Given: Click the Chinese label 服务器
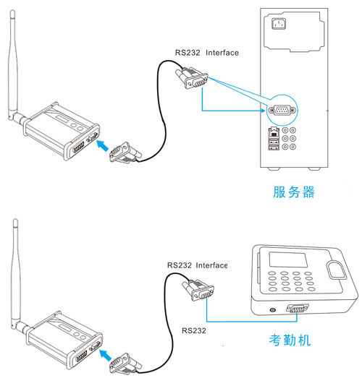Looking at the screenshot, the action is pyautogui.click(x=294, y=192).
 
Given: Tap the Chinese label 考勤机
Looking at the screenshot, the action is pyautogui.click(x=290, y=340).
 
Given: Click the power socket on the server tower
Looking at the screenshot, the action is pyautogui.click(x=279, y=24).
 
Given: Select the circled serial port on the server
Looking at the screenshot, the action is pyautogui.click(x=282, y=110).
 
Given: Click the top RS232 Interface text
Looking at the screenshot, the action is pyautogui.click(x=206, y=53).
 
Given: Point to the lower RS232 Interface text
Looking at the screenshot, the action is pyautogui.click(x=197, y=265).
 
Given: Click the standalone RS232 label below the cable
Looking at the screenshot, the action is pyautogui.click(x=194, y=330).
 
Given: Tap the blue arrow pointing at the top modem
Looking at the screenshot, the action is pyautogui.click(x=102, y=145).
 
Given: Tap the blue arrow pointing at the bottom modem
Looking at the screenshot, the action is pyautogui.click(x=105, y=355).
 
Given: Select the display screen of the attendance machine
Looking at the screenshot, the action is pyautogui.click(x=288, y=260).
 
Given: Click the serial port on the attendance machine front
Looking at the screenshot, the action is pyautogui.click(x=298, y=308).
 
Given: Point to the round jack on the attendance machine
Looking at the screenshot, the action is pyautogui.click(x=272, y=309).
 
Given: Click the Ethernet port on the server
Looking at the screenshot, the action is pyautogui.click(x=274, y=132).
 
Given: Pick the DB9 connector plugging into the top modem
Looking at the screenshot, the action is pyautogui.click(x=125, y=153).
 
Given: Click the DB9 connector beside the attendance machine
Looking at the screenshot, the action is pyautogui.click(x=198, y=290).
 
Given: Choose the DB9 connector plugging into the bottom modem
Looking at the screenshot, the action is pyautogui.click(x=125, y=364).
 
